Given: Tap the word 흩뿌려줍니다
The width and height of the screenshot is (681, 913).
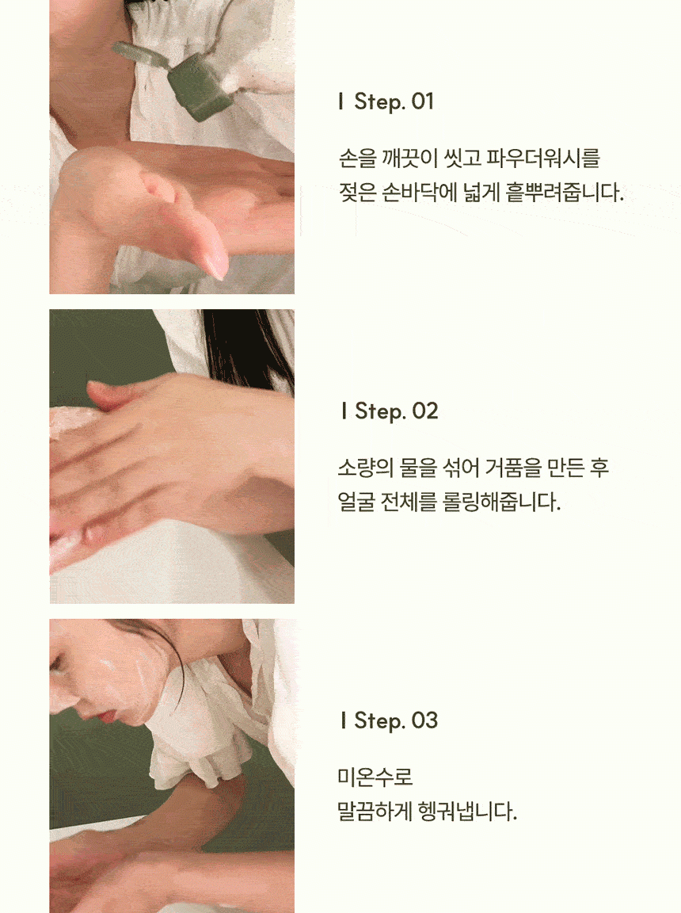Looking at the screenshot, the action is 565,192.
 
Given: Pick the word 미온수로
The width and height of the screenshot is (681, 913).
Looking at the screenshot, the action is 375,777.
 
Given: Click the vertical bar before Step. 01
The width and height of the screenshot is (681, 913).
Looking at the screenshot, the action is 340,101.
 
